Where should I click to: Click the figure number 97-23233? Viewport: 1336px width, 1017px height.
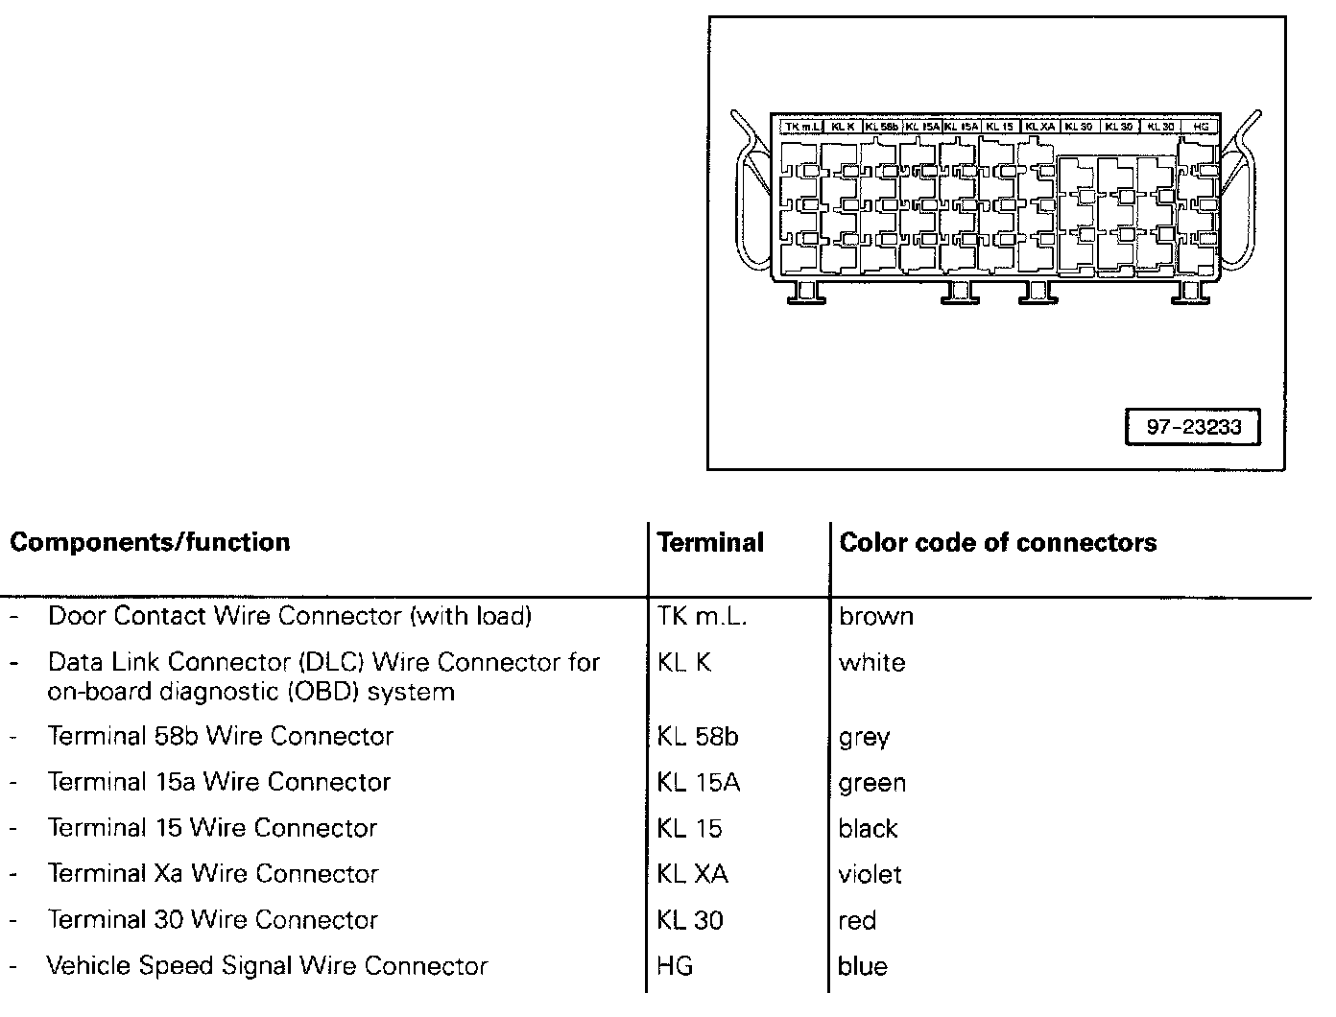(1193, 428)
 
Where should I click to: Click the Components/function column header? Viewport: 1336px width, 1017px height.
(150, 542)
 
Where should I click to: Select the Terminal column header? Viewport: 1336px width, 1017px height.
(710, 542)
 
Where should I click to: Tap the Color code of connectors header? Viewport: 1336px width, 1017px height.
(997, 542)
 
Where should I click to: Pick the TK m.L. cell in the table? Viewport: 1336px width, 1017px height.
(702, 616)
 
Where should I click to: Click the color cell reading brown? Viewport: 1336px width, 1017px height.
(875, 616)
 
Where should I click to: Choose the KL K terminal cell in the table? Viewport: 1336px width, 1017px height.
(684, 662)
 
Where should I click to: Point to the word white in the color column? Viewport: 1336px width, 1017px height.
(871, 662)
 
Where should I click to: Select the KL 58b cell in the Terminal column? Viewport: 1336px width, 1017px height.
(698, 737)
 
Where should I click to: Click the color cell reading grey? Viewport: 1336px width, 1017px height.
(864, 738)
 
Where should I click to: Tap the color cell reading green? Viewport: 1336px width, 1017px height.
(871, 783)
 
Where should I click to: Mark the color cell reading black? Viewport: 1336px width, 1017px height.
(868, 829)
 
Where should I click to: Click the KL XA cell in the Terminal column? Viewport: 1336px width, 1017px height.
(692, 874)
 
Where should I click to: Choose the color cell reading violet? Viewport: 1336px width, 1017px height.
(870, 874)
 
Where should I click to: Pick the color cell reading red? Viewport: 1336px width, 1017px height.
(857, 921)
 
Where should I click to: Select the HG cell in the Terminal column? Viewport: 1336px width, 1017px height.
(675, 966)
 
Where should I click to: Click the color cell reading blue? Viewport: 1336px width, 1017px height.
(862, 966)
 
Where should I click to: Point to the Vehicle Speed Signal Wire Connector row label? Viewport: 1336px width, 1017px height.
(267, 966)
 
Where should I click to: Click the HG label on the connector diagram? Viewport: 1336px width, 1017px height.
(1200, 127)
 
